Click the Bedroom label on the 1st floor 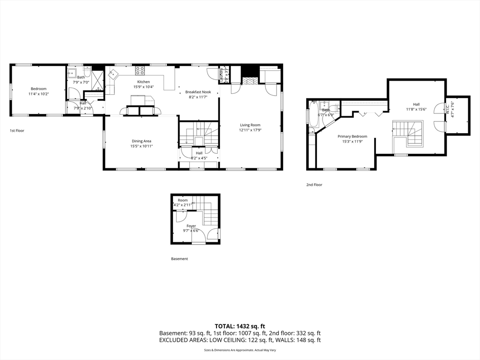pyautogui.click(x=39, y=89)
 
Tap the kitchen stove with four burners pyautogui.click(x=140, y=71)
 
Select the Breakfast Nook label pyautogui.click(x=198, y=92)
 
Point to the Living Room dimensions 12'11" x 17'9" pyautogui.click(x=250, y=130)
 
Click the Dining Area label pyautogui.click(x=141, y=141)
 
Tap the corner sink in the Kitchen pyautogui.click(x=112, y=73)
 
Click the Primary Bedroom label pyautogui.click(x=352, y=136)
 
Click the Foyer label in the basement pyautogui.click(x=191, y=226)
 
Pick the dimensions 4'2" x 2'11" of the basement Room pyautogui.click(x=182, y=205)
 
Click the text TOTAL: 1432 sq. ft pyautogui.click(x=240, y=326)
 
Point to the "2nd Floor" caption pyautogui.click(x=314, y=185)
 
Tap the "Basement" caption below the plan pyautogui.click(x=179, y=259)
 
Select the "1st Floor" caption pyautogui.click(x=17, y=131)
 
